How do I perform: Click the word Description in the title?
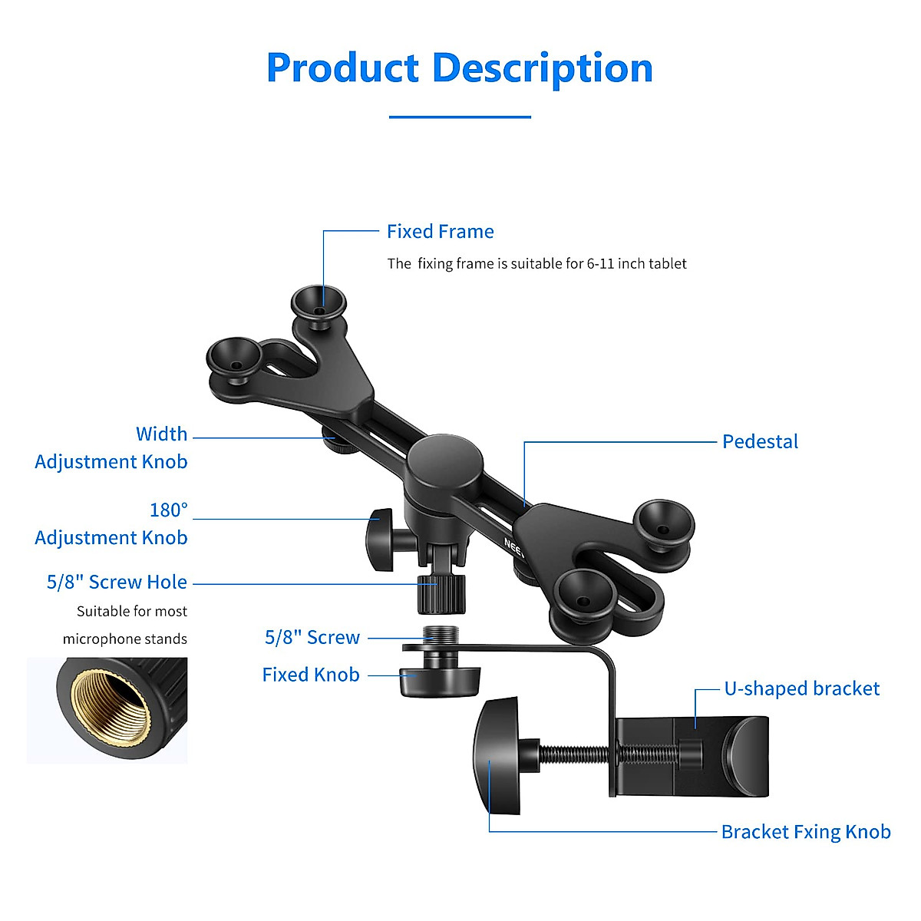coord(542,69)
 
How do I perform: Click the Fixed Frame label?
coord(440,232)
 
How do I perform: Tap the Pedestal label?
coord(760,442)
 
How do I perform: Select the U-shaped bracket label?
coord(801,688)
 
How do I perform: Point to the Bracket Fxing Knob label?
coord(806,832)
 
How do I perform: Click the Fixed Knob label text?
coord(311,675)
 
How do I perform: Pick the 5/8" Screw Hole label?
coord(117,583)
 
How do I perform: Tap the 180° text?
coord(169,510)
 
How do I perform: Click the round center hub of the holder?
coord(444,462)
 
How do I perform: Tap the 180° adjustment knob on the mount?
coord(381,540)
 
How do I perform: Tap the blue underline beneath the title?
coord(460,117)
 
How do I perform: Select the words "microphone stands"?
coord(125,639)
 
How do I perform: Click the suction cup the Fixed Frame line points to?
coord(318,302)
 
